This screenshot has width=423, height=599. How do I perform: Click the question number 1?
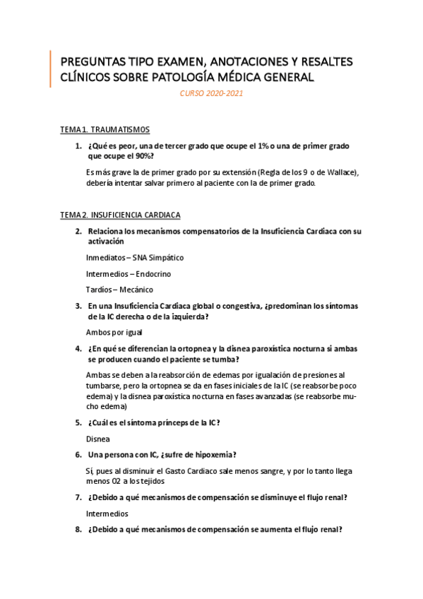[78, 146]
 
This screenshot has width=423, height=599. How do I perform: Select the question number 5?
[78, 422]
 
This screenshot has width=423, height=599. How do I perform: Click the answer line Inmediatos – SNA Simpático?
[134, 258]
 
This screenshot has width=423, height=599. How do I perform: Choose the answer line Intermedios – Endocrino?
[128, 273]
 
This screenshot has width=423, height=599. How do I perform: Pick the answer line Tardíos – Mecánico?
[119, 290]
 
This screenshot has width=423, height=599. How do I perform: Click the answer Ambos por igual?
[114, 332]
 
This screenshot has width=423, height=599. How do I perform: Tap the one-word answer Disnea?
[98, 439]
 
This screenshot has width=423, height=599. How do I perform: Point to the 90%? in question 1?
[141, 156]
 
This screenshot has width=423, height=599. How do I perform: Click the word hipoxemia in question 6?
[213, 454]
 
